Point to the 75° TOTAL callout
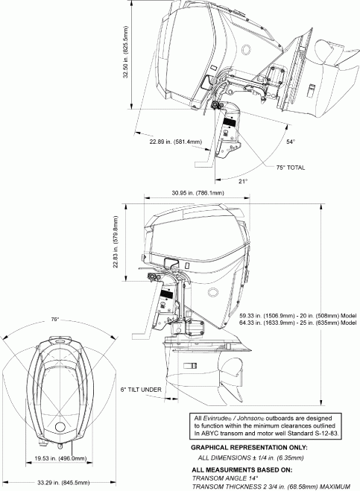(x=290, y=168)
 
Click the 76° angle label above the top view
(x=54, y=320)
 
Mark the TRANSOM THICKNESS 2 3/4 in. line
(x=272, y=487)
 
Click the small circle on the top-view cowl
(x=60, y=428)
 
